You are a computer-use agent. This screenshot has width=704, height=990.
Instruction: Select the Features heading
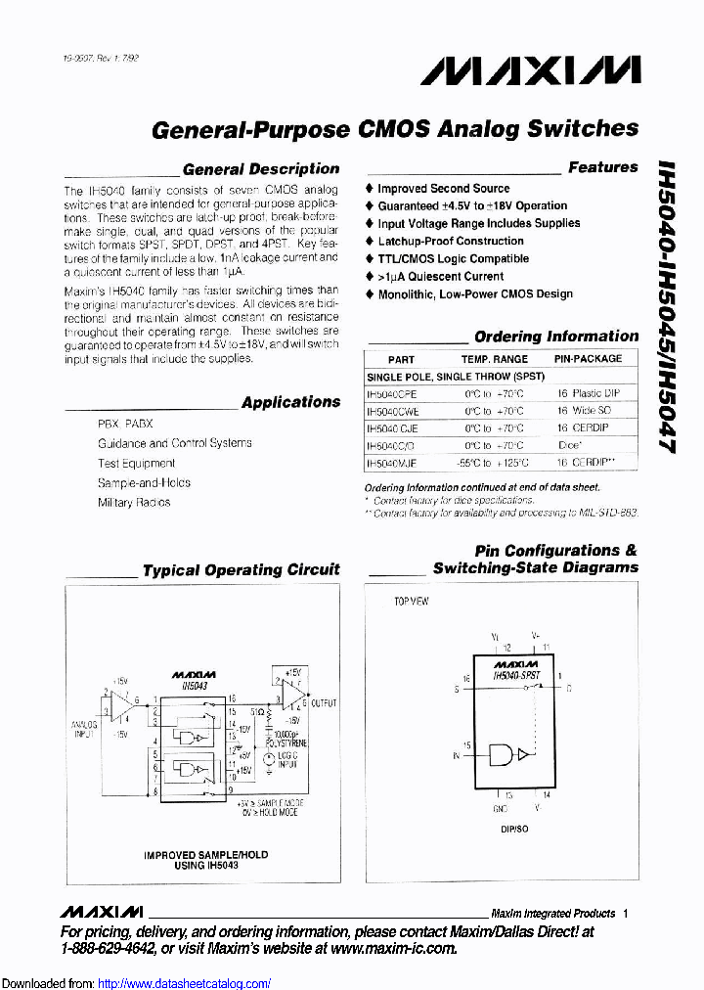(602, 167)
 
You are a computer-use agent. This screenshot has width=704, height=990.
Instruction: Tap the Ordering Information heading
(555, 337)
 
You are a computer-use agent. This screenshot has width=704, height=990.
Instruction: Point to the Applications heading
(290, 402)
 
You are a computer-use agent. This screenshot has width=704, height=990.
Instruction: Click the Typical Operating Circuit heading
(241, 569)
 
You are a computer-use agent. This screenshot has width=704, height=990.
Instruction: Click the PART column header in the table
(401, 359)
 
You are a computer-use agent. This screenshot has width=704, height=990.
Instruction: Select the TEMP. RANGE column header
(494, 359)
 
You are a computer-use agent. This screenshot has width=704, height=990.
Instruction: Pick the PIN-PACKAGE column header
(588, 359)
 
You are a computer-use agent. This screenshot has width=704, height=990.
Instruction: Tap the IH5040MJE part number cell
(391, 464)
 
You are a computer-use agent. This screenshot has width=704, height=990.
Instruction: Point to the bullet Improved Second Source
(443, 188)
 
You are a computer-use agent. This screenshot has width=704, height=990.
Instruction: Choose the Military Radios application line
(134, 503)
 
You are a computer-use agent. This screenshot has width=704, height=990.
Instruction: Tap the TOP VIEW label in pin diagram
(411, 601)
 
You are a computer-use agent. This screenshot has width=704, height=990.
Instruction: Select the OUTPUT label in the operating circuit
(324, 703)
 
